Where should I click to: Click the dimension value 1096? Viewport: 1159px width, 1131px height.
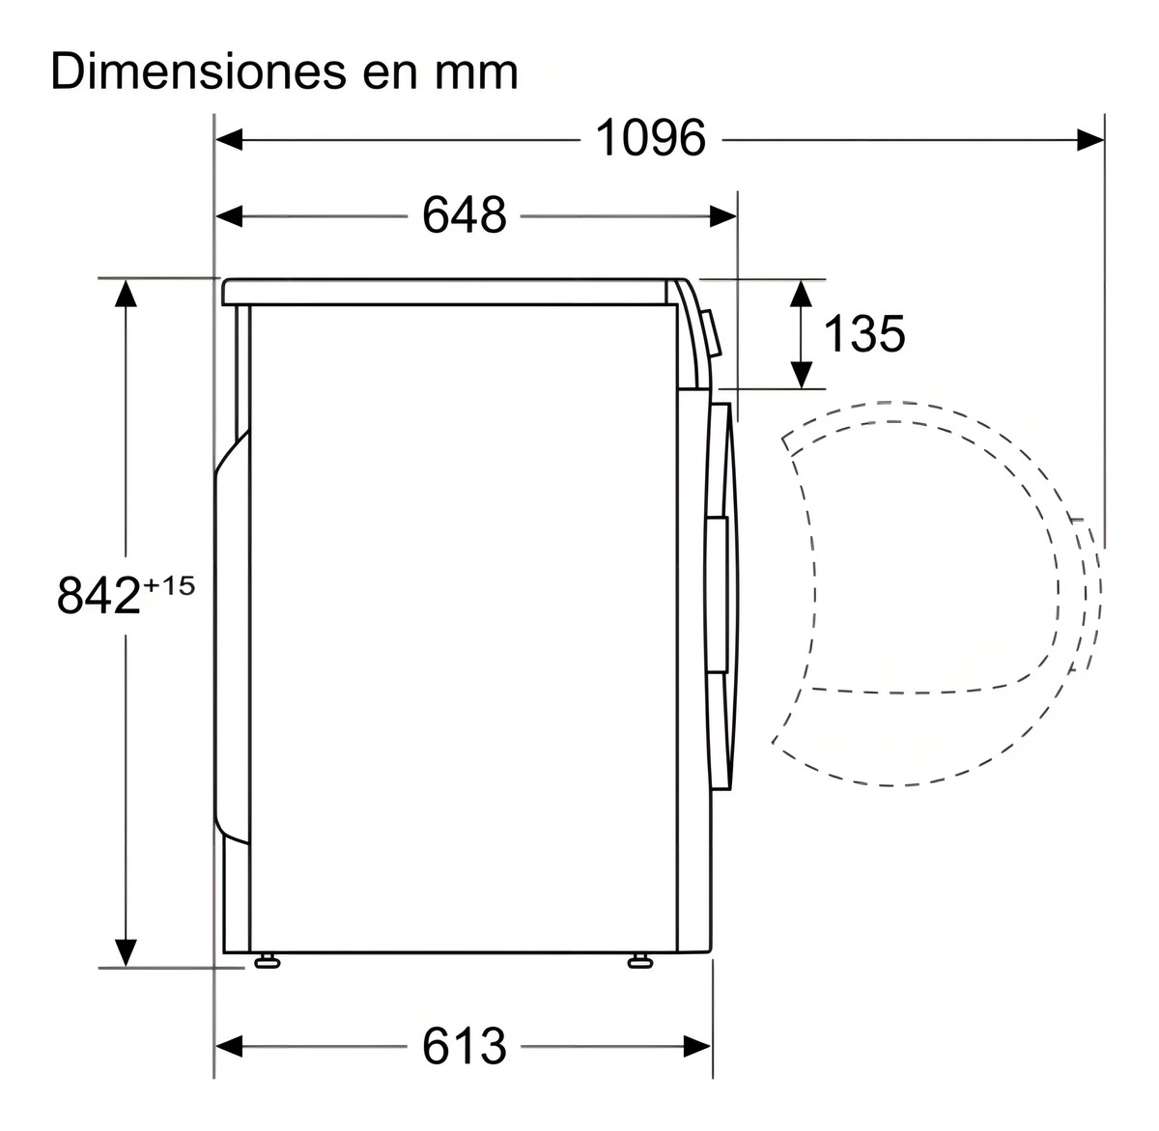650,138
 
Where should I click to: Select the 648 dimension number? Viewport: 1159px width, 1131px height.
464,214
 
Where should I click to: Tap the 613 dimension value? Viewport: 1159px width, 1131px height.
464,1046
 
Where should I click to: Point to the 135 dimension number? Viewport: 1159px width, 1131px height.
864,333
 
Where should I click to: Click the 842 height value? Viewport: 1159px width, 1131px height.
99,595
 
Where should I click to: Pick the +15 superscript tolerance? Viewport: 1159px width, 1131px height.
169,586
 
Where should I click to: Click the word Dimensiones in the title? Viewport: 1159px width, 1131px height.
198,72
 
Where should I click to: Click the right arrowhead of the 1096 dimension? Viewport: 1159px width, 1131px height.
1090,140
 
